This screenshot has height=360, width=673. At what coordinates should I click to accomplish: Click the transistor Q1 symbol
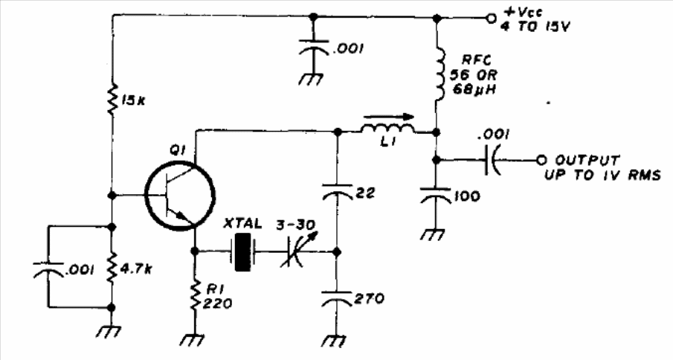pyautogui.click(x=179, y=196)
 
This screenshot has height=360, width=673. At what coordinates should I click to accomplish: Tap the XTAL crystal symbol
pyautogui.click(x=243, y=252)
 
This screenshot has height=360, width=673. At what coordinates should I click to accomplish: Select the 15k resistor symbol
pyautogui.click(x=112, y=100)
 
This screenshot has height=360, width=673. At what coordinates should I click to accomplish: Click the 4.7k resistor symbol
pyautogui.click(x=112, y=269)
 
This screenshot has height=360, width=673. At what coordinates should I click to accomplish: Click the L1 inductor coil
pyautogui.click(x=387, y=128)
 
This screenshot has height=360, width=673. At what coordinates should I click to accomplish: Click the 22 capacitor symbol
pyautogui.click(x=338, y=192)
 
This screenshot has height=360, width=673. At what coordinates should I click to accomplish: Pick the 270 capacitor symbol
pyautogui.click(x=338, y=298)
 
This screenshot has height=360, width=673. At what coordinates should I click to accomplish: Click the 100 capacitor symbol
pyautogui.click(x=436, y=194)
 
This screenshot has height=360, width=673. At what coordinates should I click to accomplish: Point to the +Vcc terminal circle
pyautogui.click(x=490, y=19)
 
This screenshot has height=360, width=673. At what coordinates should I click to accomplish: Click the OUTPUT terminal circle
pyautogui.click(x=541, y=160)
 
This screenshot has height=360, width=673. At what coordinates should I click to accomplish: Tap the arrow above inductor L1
pyautogui.click(x=389, y=115)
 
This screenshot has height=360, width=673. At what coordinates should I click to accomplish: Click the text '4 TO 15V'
pyautogui.click(x=535, y=28)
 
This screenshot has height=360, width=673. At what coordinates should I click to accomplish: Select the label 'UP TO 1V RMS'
pyautogui.click(x=602, y=175)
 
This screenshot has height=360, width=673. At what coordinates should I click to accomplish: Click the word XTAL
pyautogui.click(x=243, y=224)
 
